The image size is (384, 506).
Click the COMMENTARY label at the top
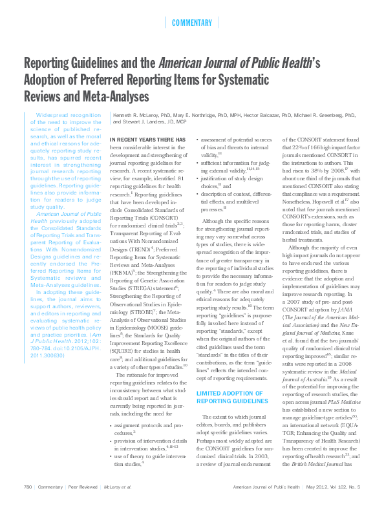click(192, 23)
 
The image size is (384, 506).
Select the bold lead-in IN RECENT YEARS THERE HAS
click(147, 140)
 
